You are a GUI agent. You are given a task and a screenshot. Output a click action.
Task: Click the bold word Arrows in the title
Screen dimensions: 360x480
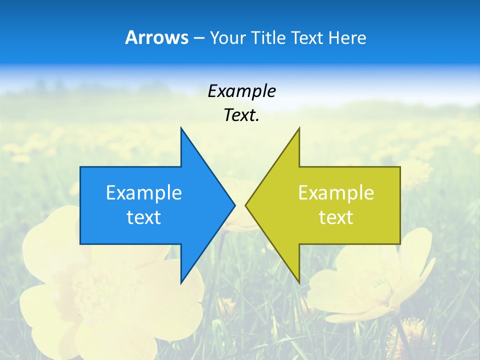click(x=156, y=37)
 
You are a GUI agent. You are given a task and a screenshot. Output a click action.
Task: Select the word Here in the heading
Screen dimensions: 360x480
click(x=347, y=37)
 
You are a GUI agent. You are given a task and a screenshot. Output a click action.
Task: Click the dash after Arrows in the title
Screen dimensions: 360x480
click(x=198, y=38)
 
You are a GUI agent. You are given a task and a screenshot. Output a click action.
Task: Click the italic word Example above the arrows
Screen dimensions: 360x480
click(x=241, y=91)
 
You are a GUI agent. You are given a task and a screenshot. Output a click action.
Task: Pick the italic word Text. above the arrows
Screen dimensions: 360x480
click(x=241, y=115)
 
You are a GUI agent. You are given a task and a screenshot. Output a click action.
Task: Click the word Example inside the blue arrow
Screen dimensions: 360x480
click(x=144, y=193)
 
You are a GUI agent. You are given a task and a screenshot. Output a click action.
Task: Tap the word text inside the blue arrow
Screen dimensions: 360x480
click(x=144, y=217)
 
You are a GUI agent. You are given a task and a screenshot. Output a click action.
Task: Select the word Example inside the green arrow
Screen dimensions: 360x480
click(x=336, y=193)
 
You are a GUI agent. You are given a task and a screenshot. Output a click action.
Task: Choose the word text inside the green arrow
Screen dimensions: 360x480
click(x=336, y=217)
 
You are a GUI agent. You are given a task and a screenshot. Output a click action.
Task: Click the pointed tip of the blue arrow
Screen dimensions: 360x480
click(x=234, y=205)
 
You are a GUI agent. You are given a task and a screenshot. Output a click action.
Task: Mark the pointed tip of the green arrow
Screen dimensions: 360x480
click(x=246, y=205)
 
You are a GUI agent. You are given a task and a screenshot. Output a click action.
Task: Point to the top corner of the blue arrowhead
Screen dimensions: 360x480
click(x=181, y=128)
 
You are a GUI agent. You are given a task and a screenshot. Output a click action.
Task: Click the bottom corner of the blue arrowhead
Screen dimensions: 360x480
click(x=181, y=282)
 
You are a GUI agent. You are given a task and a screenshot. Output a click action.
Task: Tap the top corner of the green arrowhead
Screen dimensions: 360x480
click(x=299, y=128)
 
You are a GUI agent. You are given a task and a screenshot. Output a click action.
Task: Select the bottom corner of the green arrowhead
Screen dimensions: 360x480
click(x=299, y=282)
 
